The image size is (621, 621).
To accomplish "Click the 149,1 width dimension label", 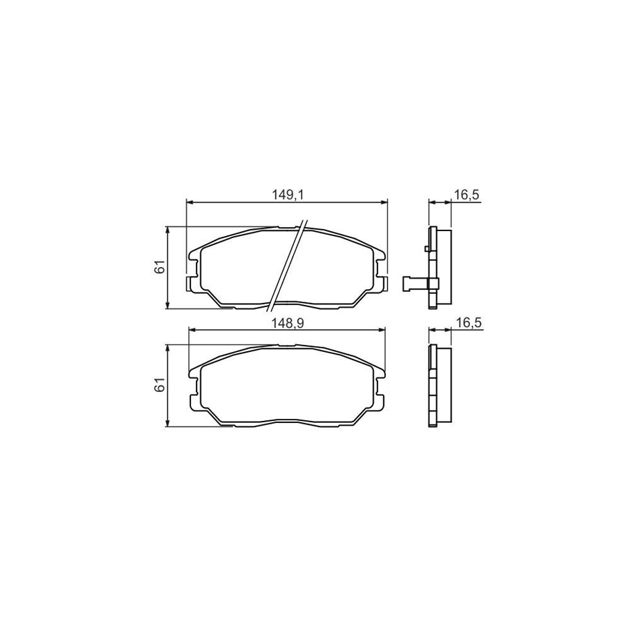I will click(288, 195).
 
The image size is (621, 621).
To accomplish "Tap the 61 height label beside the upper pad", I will click(159, 268).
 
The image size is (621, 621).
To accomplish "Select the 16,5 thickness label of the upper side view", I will click(466, 195).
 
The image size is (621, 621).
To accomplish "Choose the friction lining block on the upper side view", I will click(444, 267).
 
